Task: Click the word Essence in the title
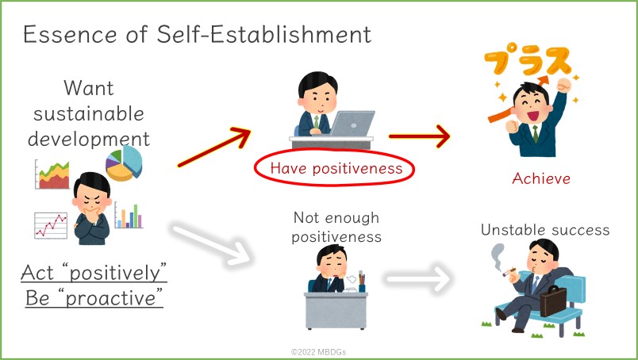(x=70, y=34)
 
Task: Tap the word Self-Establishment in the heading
(x=264, y=34)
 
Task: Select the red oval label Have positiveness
(x=334, y=168)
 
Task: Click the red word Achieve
(x=541, y=178)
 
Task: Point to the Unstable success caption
(x=545, y=230)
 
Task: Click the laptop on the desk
(x=352, y=123)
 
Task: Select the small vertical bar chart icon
(x=129, y=215)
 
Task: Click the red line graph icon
(x=51, y=225)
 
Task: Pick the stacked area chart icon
(x=52, y=174)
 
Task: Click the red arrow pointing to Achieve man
(x=420, y=136)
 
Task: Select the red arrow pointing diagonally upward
(x=214, y=147)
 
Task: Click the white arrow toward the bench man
(x=419, y=278)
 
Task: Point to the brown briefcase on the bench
(x=553, y=301)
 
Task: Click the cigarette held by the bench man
(x=509, y=272)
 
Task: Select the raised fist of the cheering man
(x=564, y=86)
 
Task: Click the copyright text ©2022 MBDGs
(x=318, y=352)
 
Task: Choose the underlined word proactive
(x=110, y=298)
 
